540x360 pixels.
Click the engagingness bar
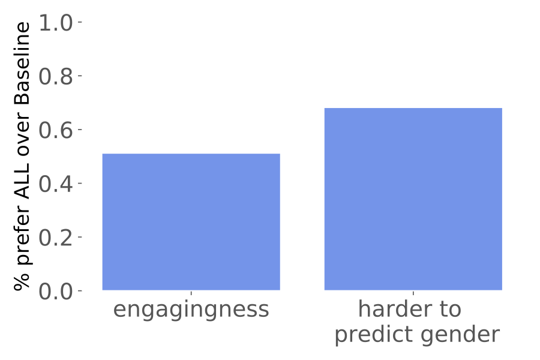(x=191, y=222)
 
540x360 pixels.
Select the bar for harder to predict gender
(x=413, y=199)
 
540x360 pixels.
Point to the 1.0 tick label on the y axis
(x=55, y=23)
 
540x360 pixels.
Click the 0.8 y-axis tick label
(x=55, y=76)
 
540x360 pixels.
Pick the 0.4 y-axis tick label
(x=55, y=184)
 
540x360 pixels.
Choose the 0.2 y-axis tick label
(x=55, y=238)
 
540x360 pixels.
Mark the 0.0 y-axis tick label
(x=55, y=292)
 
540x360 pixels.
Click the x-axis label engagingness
(x=191, y=310)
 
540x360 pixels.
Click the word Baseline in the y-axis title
(x=23, y=64)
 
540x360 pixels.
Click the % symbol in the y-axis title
(x=23, y=282)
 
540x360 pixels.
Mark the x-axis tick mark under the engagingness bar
(x=191, y=293)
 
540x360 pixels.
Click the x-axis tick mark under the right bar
(x=413, y=293)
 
